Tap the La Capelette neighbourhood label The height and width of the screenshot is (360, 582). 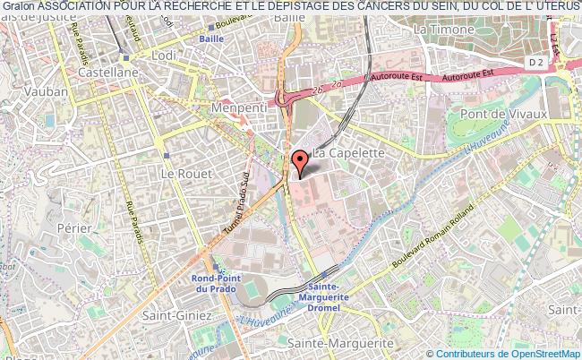349,153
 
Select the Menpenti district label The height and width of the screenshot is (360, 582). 234,107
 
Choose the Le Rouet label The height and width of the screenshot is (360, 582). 178,170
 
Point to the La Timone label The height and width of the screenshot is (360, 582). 443,30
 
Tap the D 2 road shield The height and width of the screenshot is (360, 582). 535,62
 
